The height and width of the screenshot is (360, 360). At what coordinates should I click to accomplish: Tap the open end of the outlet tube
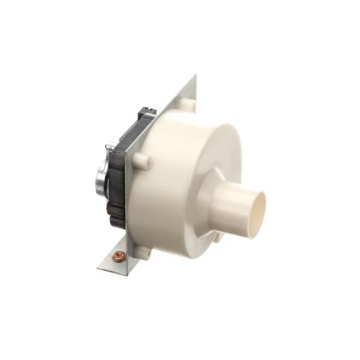[256, 214]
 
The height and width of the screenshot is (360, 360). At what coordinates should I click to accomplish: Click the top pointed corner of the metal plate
[196, 76]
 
